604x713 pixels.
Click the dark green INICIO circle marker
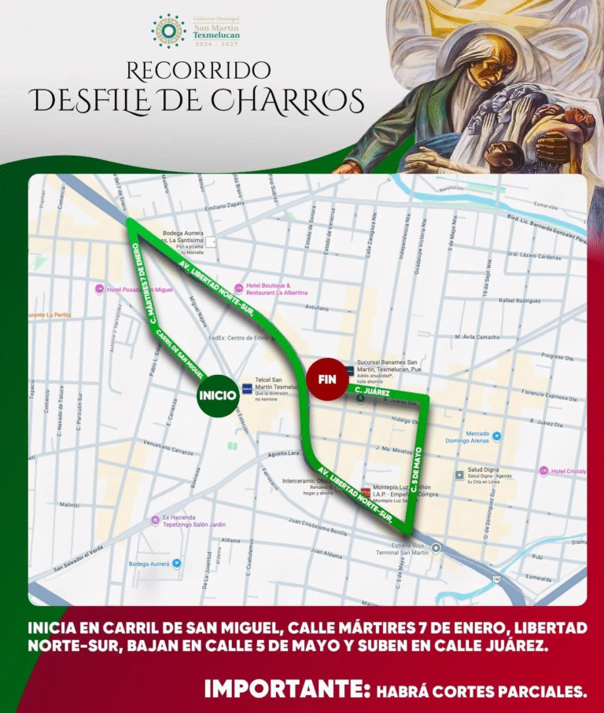click(x=217, y=395)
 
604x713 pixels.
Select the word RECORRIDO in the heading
click(x=198, y=71)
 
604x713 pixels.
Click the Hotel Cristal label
click(x=568, y=471)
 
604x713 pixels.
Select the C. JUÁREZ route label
click(x=372, y=390)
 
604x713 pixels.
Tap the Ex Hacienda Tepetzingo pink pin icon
click(x=155, y=520)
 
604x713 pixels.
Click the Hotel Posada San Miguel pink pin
click(x=100, y=289)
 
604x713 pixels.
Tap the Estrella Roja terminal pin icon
click(x=435, y=548)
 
